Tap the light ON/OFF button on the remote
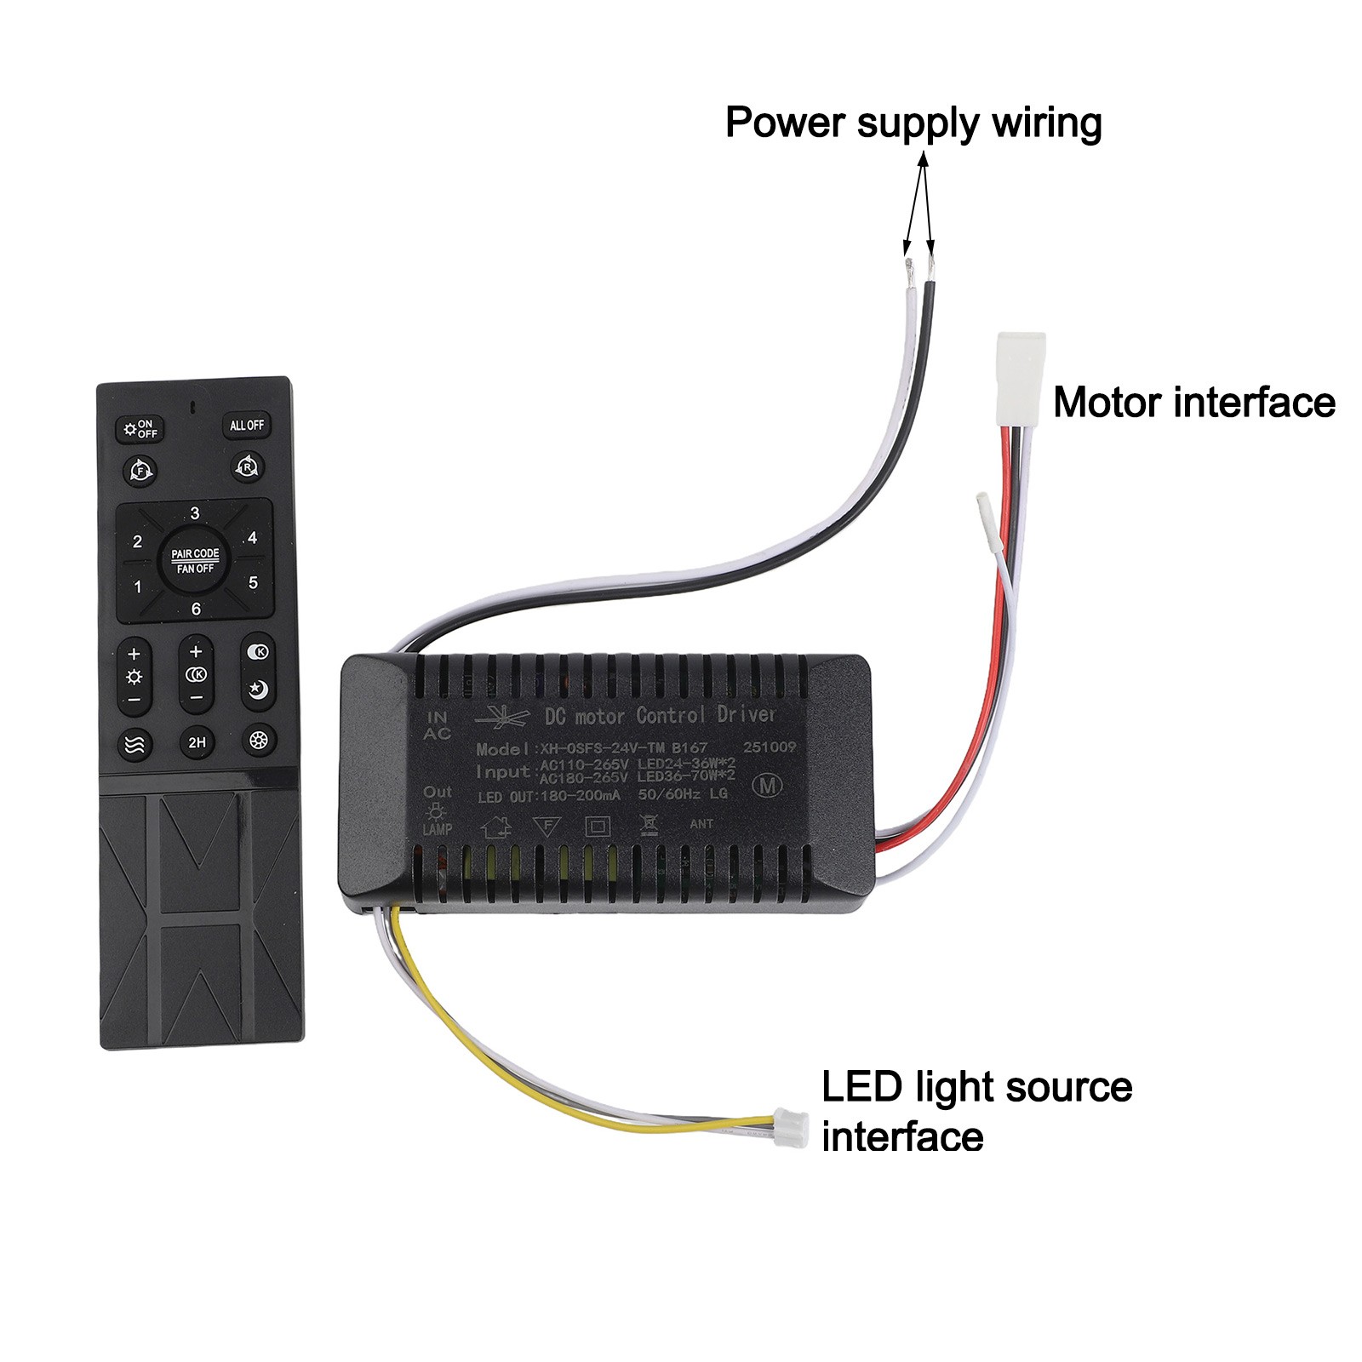(140, 428)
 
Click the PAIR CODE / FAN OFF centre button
(195, 560)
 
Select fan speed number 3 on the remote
(195, 513)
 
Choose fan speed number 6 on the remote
(196, 609)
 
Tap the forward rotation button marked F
(140, 469)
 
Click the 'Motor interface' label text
(1193, 402)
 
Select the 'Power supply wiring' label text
(913, 123)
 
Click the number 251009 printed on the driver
(770, 747)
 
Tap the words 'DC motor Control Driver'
(660, 715)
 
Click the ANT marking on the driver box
(701, 824)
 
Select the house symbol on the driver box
(495, 827)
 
